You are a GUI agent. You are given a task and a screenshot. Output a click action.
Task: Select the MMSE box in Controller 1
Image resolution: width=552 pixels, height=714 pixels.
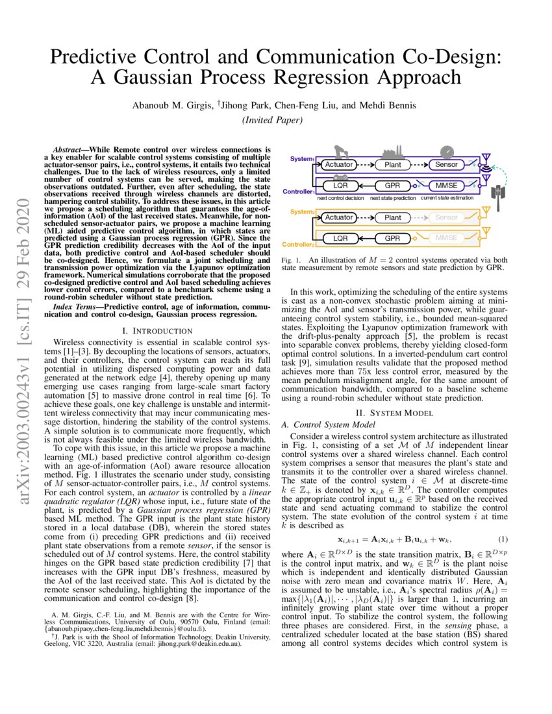[x=446, y=186]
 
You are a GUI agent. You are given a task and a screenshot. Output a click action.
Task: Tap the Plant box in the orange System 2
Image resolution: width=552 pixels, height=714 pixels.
[x=393, y=218]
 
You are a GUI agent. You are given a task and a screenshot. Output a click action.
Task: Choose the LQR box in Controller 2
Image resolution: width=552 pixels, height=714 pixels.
[x=341, y=239]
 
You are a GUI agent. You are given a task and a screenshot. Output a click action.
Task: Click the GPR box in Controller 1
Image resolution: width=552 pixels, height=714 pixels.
[x=393, y=186]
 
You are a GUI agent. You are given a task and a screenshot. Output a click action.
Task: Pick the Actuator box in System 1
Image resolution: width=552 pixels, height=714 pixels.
[x=339, y=165]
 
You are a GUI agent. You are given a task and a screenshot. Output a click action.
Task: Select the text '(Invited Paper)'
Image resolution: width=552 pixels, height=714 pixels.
[x=275, y=119]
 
